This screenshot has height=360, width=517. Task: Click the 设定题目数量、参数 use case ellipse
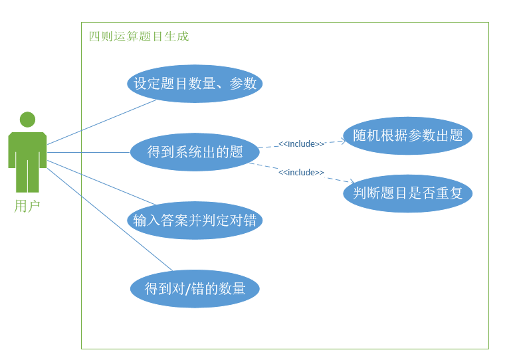[195, 84]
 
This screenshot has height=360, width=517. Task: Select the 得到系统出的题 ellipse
[195, 152]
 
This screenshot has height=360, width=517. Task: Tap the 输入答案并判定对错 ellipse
[195, 221]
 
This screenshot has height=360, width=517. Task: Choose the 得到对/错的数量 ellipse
[195, 289]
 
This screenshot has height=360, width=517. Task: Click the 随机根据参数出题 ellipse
[407, 135]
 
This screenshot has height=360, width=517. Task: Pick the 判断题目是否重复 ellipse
[407, 193]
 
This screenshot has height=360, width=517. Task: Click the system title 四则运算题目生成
[139, 37]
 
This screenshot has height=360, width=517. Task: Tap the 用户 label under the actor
[27, 206]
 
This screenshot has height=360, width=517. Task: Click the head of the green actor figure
[27, 120]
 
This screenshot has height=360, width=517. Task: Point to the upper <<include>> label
[301, 143]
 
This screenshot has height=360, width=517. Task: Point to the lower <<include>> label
[301, 173]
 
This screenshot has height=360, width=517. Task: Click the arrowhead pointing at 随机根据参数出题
[344, 141]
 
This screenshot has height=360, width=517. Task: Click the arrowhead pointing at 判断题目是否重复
[352, 181]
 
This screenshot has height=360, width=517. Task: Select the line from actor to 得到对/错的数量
[110, 220]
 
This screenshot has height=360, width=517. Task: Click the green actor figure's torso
[27, 147]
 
